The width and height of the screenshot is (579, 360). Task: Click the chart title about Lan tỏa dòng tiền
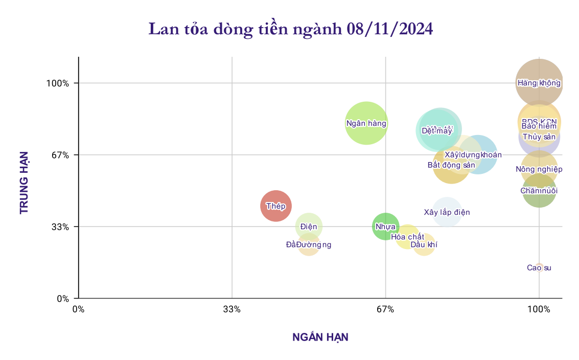click(290, 29)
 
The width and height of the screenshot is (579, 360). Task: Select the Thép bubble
click(276, 206)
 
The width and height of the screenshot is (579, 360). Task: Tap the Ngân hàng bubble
click(366, 123)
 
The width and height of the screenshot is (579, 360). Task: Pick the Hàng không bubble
click(539, 83)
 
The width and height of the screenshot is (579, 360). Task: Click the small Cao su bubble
click(539, 267)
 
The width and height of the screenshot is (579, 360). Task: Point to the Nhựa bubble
click(385, 227)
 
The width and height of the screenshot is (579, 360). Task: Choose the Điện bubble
click(309, 227)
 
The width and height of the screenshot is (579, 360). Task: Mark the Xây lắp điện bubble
click(447, 212)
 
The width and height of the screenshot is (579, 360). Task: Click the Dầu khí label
click(424, 245)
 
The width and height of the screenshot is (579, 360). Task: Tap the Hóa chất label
click(407, 237)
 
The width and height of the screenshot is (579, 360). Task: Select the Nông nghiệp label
click(539, 169)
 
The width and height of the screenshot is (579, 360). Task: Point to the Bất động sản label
click(451, 165)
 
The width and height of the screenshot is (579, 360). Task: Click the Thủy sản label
click(539, 137)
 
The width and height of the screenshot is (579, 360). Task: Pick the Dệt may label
click(437, 131)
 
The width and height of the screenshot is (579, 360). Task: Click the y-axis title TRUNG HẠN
click(24, 182)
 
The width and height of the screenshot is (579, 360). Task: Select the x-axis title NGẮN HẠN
click(320, 337)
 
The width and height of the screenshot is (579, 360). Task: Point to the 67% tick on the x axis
click(385, 309)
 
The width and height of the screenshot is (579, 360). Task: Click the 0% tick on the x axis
click(78, 309)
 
